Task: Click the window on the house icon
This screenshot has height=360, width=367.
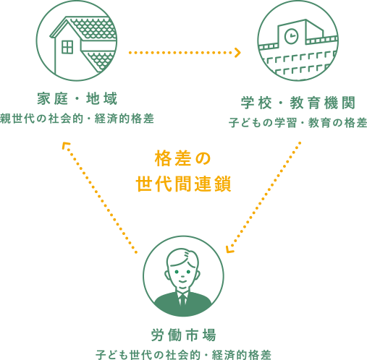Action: point(67,47)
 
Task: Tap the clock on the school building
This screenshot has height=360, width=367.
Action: point(292,37)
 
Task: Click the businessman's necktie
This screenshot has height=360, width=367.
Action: point(182,299)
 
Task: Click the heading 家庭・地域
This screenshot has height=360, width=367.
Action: point(77,98)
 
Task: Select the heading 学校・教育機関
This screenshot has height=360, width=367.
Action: point(298,103)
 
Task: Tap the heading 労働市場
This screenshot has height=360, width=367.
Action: point(183,335)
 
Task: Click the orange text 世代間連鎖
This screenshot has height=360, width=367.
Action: point(183,184)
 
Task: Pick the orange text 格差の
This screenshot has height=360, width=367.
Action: point(183,158)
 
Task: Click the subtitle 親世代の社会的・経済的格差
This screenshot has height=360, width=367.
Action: point(77,119)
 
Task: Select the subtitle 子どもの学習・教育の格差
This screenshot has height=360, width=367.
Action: point(298,123)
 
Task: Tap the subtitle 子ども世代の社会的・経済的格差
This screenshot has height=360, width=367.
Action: point(183,355)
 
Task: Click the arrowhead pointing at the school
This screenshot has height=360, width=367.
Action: point(237,53)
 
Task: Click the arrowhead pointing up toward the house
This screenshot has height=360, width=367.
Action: point(65,145)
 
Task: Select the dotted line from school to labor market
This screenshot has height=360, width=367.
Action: point(265,196)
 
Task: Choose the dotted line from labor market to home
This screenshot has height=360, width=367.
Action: point(100,197)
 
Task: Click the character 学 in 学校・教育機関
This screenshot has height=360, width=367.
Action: point(248,103)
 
